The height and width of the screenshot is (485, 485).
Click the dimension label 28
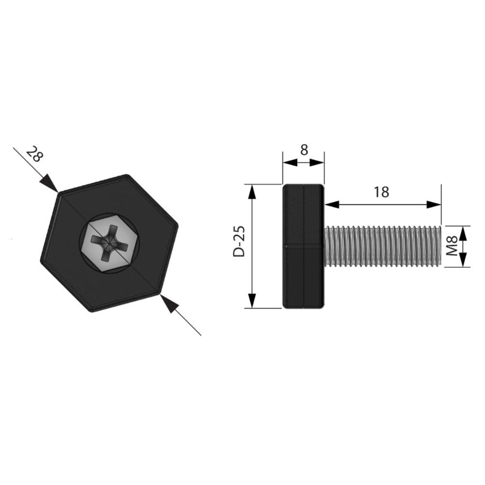click(x=34, y=154)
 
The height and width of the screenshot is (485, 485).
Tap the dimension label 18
click(x=381, y=192)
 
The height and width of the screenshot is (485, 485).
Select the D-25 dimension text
click(x=239, y=242)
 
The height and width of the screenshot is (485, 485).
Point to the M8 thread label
click(x=452, y=246)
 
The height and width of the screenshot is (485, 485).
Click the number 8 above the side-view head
click(x=304, y=150)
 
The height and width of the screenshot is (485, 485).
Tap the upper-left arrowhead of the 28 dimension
click(x=49, y=183)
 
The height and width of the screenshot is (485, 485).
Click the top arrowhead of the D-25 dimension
click(x=252, y=192)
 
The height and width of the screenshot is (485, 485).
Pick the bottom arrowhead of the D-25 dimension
click(x=252, y=301)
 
